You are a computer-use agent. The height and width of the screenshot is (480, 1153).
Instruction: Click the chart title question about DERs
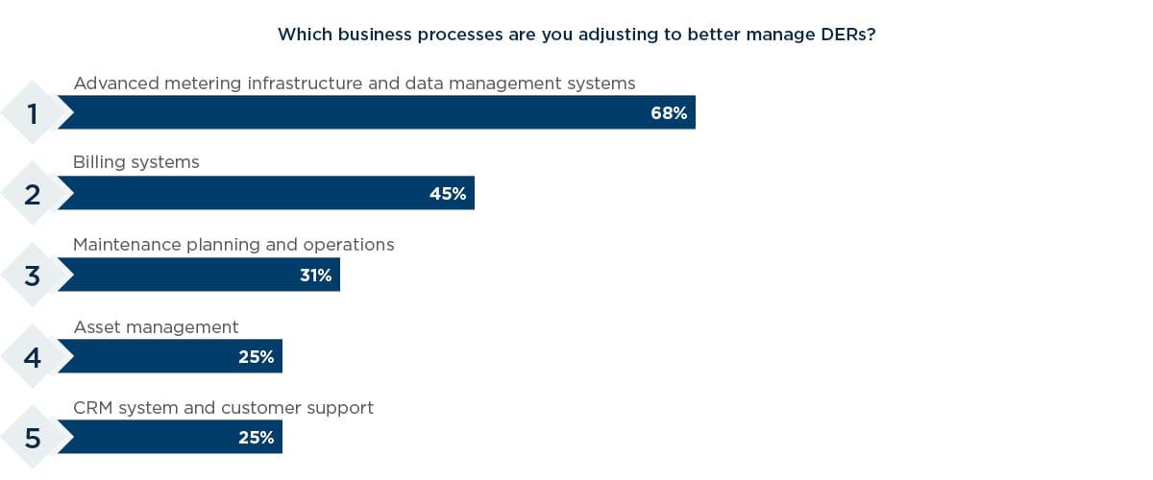tap(576, 35)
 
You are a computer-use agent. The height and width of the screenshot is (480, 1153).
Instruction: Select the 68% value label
tap(669, 113)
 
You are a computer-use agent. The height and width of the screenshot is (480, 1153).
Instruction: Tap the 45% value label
tap(448, 194)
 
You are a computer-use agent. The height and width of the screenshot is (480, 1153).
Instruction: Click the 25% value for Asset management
tap(256, 357)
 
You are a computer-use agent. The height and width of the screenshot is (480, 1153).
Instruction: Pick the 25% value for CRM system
tap(256, 438)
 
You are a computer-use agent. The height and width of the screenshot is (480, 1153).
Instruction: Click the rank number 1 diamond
tap(33, 113)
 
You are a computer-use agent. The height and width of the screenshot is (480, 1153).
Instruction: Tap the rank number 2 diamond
tap(33, 194)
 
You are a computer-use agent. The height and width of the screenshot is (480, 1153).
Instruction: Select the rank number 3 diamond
tap(33, 276)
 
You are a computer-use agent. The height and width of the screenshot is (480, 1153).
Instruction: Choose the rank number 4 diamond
tap(33, 357)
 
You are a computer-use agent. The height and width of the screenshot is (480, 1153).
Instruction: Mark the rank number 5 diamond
tap(33, 438)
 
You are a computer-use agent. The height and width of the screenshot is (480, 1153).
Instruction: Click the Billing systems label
tap(136, 162)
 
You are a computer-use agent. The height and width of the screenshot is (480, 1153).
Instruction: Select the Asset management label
tap(156, 327)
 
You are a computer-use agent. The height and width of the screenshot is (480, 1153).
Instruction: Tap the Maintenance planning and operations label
tap(233, 245)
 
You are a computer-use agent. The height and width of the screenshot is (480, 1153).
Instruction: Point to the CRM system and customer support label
tap(223, 408)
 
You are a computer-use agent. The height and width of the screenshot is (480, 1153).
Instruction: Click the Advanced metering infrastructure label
tap(354, 84)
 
